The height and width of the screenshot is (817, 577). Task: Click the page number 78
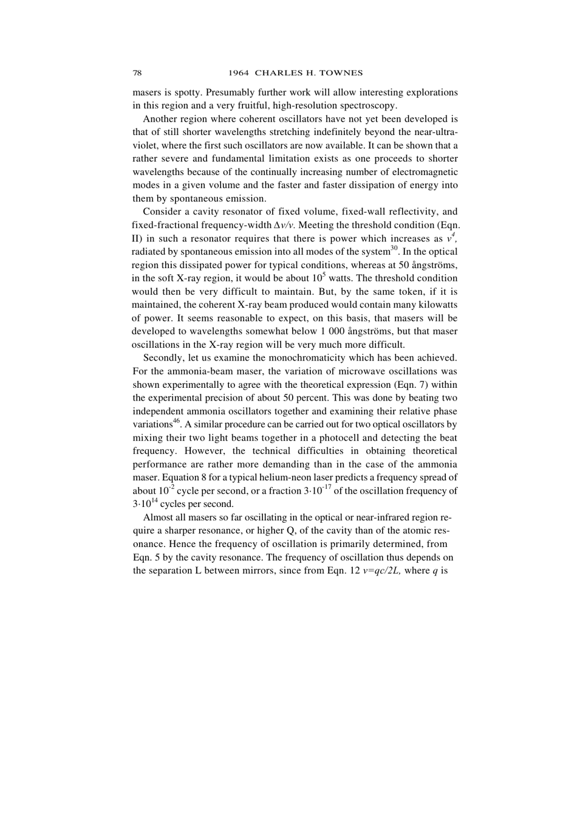pos(137,73)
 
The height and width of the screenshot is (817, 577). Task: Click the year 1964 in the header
pos(239,73)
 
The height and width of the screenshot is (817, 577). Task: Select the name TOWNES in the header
pos(343,73)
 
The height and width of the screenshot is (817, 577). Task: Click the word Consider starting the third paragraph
pos(160,212)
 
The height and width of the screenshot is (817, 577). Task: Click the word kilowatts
pos(436,305)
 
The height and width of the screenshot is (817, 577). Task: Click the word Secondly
pos(162,358)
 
